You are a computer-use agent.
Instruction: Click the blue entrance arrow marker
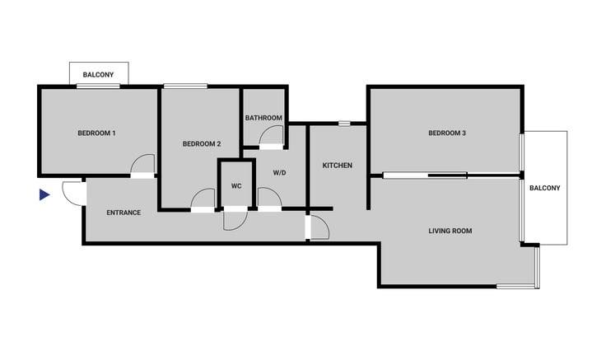pos(44,195)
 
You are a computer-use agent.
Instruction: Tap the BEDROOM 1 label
pos(96,133)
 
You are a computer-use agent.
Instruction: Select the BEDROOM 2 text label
pos(202,144)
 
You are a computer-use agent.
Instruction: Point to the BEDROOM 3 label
pos(447,133)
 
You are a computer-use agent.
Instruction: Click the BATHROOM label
pos(263,118)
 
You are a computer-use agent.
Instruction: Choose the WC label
pos(236,186)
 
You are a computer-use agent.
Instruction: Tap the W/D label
pos(279,172)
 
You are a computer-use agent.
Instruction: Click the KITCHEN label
pos(338,166)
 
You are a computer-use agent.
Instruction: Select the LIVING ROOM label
pos(450,231)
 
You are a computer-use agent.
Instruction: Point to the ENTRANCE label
pos(124,213)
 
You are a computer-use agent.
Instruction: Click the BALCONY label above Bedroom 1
pos(98,75)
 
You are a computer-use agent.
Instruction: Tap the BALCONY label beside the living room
pos(544,188)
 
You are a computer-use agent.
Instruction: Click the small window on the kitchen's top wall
pos(344,124)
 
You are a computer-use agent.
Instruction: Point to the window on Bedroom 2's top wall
pos(185,86)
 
